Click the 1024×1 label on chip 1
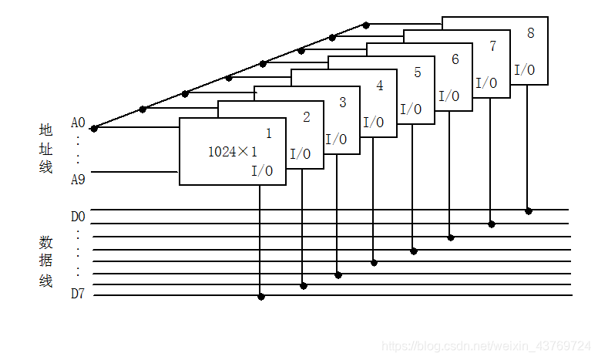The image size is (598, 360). click(233, 152)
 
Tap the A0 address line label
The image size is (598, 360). click(78, 123)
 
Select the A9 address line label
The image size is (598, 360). click(78, 180)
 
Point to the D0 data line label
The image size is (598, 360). click(78, 216)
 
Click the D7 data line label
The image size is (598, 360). click(78, 294)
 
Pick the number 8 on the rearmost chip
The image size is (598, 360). click(531, 33)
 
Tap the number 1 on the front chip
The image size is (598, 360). click(268, 133)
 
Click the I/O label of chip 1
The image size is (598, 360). click(262, 171)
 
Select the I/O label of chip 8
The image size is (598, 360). click(525, 70)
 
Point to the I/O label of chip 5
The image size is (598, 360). click(412, 109)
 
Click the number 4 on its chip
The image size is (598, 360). click(379, 86)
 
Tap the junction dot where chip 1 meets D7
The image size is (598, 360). click(261, 297)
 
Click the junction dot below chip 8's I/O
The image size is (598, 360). click(529, 210)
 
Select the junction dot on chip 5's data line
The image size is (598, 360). click(414, 251)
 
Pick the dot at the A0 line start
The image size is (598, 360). click(94, 128)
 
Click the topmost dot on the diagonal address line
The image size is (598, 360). click(366, 25)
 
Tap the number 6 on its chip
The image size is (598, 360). click(455, 59)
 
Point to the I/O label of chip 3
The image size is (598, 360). click(337, 140)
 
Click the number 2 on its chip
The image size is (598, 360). click(307, 117)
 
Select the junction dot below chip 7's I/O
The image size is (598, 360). click(492, 224)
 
